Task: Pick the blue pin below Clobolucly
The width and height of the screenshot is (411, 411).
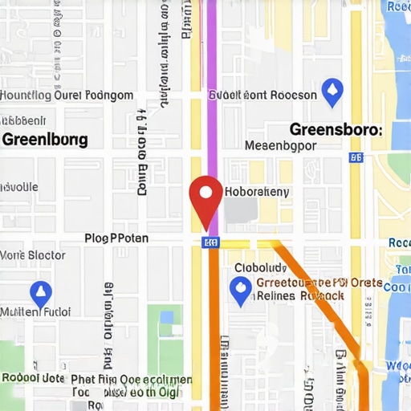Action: click(240, 291)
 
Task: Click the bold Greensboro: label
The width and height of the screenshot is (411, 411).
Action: click(336, 129)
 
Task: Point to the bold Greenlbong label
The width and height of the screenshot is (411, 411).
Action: click(45, 139)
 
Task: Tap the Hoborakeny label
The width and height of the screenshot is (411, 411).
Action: click(257, 193)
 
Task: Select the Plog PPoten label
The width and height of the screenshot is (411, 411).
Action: click(116, 238)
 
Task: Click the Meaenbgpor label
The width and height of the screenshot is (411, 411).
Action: click(279, 146)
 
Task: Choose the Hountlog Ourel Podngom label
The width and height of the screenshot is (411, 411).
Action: click(67, 96)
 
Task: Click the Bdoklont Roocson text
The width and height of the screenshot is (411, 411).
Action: click(262, 95)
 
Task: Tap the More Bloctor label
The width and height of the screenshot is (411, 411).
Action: click(33, 256)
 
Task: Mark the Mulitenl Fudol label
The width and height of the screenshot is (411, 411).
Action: click(35, 311)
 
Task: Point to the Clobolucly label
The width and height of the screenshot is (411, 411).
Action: click(259, 268)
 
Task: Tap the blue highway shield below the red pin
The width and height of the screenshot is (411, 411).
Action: click(210, 242)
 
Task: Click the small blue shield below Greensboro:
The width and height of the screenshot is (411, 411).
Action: click(356, 157)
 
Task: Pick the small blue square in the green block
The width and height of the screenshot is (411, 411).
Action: click(166, 317)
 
